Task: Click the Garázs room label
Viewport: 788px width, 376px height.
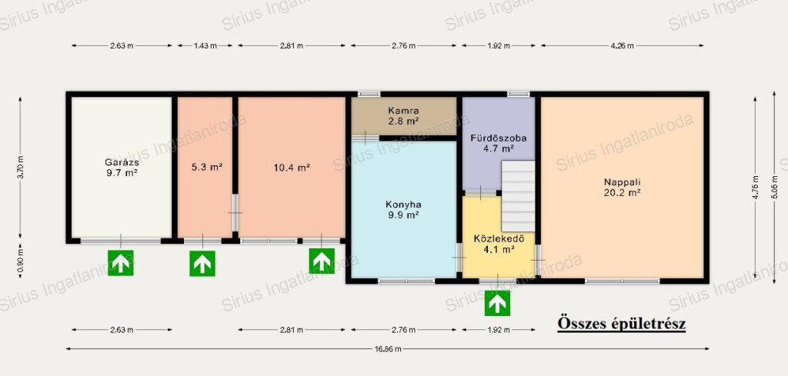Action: [122, 162]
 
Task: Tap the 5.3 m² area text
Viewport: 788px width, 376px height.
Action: [206, 167]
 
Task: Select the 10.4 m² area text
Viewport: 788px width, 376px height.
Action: [292, 167]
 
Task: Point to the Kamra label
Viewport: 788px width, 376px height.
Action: [403, 110]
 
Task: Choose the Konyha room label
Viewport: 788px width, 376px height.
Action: [403, 205]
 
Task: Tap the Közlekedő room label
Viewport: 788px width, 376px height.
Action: [499, 238]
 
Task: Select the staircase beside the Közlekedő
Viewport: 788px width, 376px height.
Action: [518, 196]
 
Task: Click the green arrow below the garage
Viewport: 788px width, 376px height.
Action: [121, 263]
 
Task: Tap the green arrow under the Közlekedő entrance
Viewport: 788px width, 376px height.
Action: [498, 303]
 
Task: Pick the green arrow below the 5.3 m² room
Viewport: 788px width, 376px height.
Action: [202, 263]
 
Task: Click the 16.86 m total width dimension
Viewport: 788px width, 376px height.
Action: [388, 348]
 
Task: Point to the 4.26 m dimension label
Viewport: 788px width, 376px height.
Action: [622, 45]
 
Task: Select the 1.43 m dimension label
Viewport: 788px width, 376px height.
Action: [205, 45]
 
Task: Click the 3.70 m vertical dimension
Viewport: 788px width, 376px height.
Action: [20, 168]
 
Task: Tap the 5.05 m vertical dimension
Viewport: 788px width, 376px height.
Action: [774, 188]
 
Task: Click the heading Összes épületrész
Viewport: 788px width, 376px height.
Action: [622, 324]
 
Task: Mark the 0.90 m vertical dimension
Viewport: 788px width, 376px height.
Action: [20, 261]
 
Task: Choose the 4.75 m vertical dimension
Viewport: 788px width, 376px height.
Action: [756, 188]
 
